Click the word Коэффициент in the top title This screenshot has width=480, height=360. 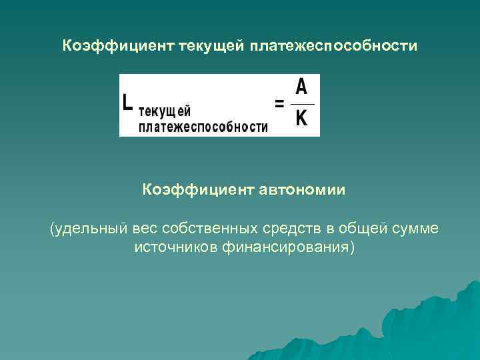pyautogui.click(x=117, y=46)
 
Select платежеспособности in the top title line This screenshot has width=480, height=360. pyautogui.click(x=334, y=46)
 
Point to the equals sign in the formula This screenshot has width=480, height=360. pyautogui.click(x=280, y=103)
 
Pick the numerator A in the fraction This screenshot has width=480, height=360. pyautogui.click(x=301, y=87)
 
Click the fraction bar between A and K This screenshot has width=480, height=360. pyautogui.click(x=302, y=103)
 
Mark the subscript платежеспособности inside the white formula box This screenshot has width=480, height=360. pyautogui.click(x=203, y=126)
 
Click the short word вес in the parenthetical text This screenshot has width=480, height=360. pyautogui.click(x=146, y=229)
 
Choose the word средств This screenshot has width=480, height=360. pyautogui.click(x=291, y=229)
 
